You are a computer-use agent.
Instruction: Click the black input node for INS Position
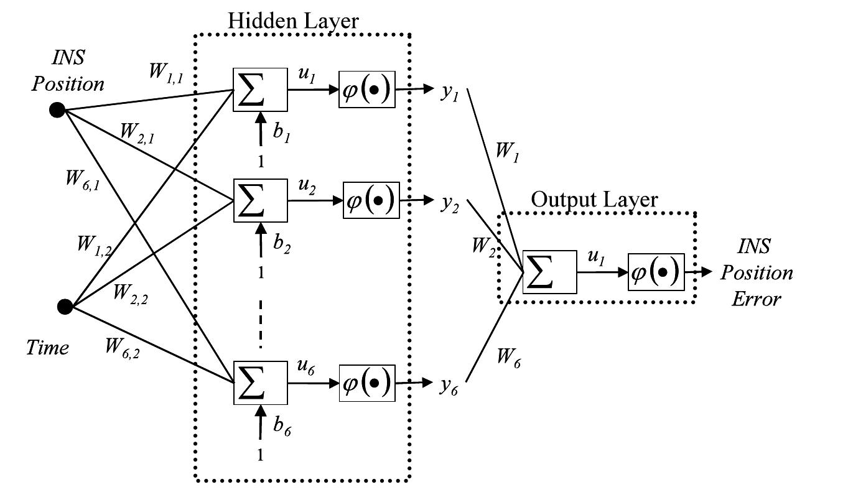(57, 111)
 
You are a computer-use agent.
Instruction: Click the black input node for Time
(65, 306)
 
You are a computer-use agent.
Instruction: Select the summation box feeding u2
(260, 200)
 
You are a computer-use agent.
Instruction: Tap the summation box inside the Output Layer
(550, 272)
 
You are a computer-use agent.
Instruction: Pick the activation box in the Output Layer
(656, 272)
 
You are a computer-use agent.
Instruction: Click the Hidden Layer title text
(293, 21)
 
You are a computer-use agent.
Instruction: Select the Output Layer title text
(594, 200)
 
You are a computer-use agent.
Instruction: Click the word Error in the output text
(756, 299)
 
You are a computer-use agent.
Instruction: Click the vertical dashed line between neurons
(261, 324)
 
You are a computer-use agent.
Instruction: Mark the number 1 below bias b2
(261, 271)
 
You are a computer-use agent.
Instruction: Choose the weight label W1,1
(165, 70)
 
